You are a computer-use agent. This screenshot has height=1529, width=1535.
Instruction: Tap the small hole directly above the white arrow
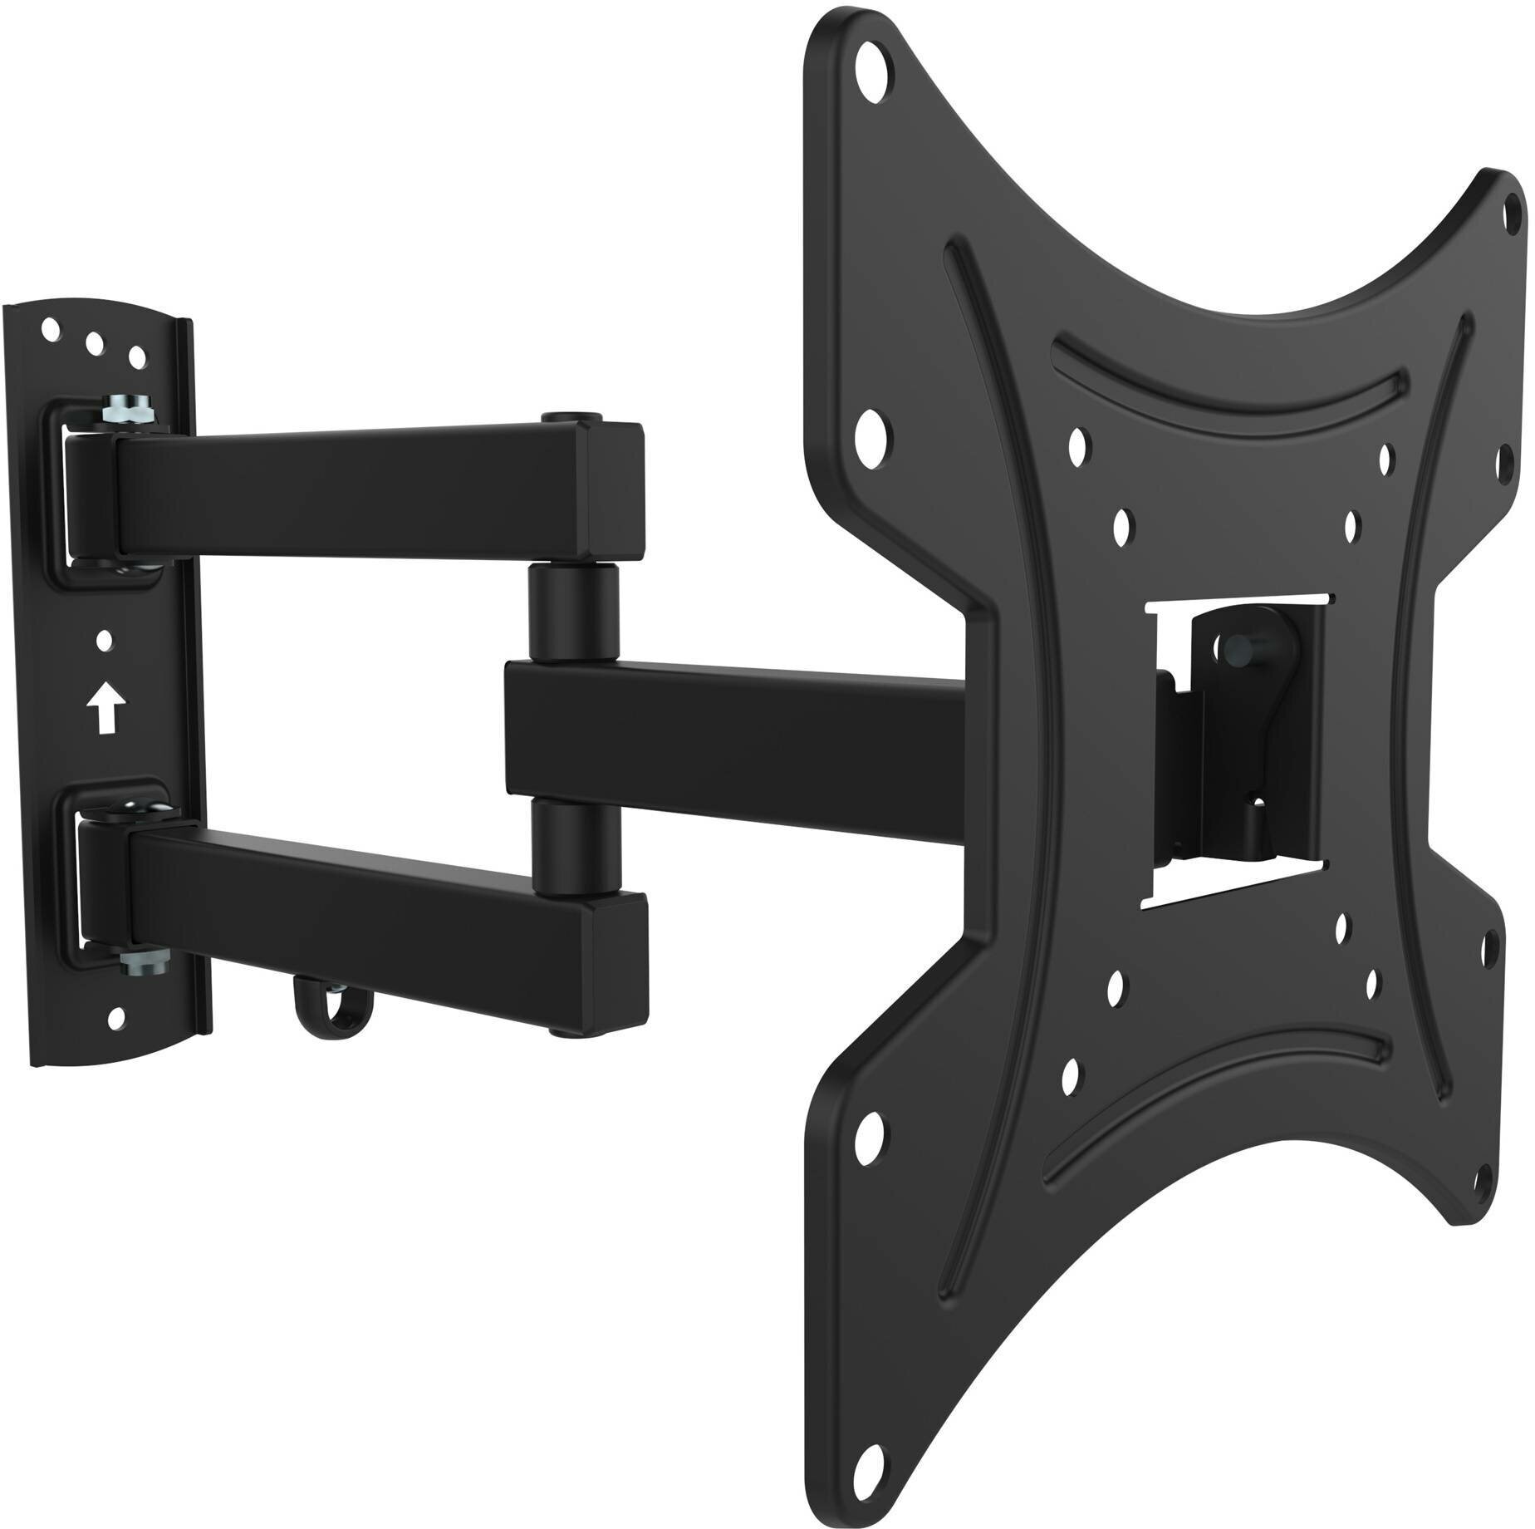coord(104,641)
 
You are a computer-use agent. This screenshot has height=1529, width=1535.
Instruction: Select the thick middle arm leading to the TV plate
coord(731,723)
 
